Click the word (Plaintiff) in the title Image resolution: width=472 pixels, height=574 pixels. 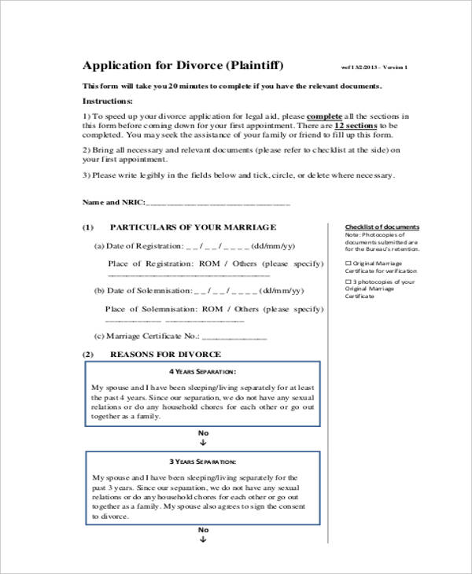click(x=256, y=64)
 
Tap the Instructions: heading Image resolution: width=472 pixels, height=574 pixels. click(x=108, y=101)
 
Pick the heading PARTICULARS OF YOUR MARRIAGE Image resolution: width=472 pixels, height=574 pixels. click(x=193, y=227)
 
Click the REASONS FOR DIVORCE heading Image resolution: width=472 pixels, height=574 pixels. click(x=165, y=354)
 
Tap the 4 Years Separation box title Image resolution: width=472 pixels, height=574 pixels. click(x=203, y=371)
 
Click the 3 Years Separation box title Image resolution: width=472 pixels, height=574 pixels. click(x=203, y=462)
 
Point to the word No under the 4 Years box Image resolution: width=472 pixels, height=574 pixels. click(x=203, y=433)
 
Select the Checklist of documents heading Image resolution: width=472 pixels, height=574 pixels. click(x=382, y=227)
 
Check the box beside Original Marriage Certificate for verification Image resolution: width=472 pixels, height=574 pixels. click(x=348, y=263)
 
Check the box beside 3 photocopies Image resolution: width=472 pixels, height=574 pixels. click(x=348, y=281)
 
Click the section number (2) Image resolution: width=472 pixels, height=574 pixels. click(x=89, y=354)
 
